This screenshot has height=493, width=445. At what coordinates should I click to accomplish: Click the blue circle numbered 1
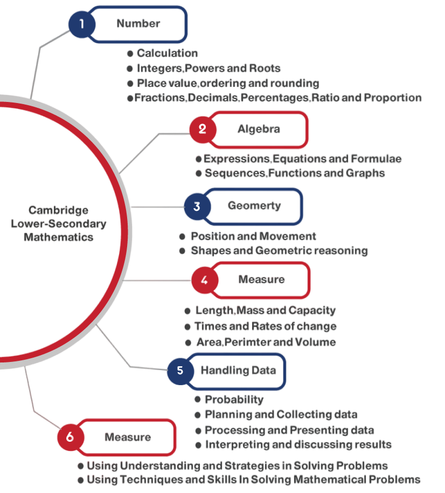[x=82, y=24]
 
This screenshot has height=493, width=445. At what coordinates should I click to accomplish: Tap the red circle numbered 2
[x=203, y=129]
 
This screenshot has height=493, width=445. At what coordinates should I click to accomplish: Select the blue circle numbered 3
[x=197, y=207]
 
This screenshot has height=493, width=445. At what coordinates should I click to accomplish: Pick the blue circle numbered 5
[x=180, y=371]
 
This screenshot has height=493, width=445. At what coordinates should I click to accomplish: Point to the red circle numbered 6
[x=70, y=437]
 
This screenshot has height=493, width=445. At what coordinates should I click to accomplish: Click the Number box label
[x=138, y=24]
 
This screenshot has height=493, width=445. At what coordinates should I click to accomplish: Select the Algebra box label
[x=259, y=129]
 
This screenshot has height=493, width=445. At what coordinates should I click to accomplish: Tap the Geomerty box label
[x=254, y=206]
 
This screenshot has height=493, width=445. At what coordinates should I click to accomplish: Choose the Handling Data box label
[x=238, y=371]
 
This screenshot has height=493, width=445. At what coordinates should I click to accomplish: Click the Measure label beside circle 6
[x=128, y=437]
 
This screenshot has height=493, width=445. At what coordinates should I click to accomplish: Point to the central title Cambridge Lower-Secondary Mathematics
[x=58, y=223]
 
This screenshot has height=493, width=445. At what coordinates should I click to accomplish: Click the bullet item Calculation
[x=167, y=53]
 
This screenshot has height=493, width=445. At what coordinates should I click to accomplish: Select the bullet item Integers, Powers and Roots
[x=208, y=69]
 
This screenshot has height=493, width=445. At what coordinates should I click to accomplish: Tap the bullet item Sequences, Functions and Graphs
[x=295, y=173]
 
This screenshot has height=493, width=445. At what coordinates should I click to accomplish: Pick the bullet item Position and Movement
[x=253, y=236]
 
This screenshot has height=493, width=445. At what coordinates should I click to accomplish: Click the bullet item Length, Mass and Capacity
[x=266, y=311]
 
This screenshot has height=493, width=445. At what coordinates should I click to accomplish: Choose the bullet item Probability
[x=234, y=400]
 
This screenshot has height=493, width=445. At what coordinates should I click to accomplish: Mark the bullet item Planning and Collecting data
[x=281, y=415]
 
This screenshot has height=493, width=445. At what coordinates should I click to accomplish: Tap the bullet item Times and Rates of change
[x=266, y=326]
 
